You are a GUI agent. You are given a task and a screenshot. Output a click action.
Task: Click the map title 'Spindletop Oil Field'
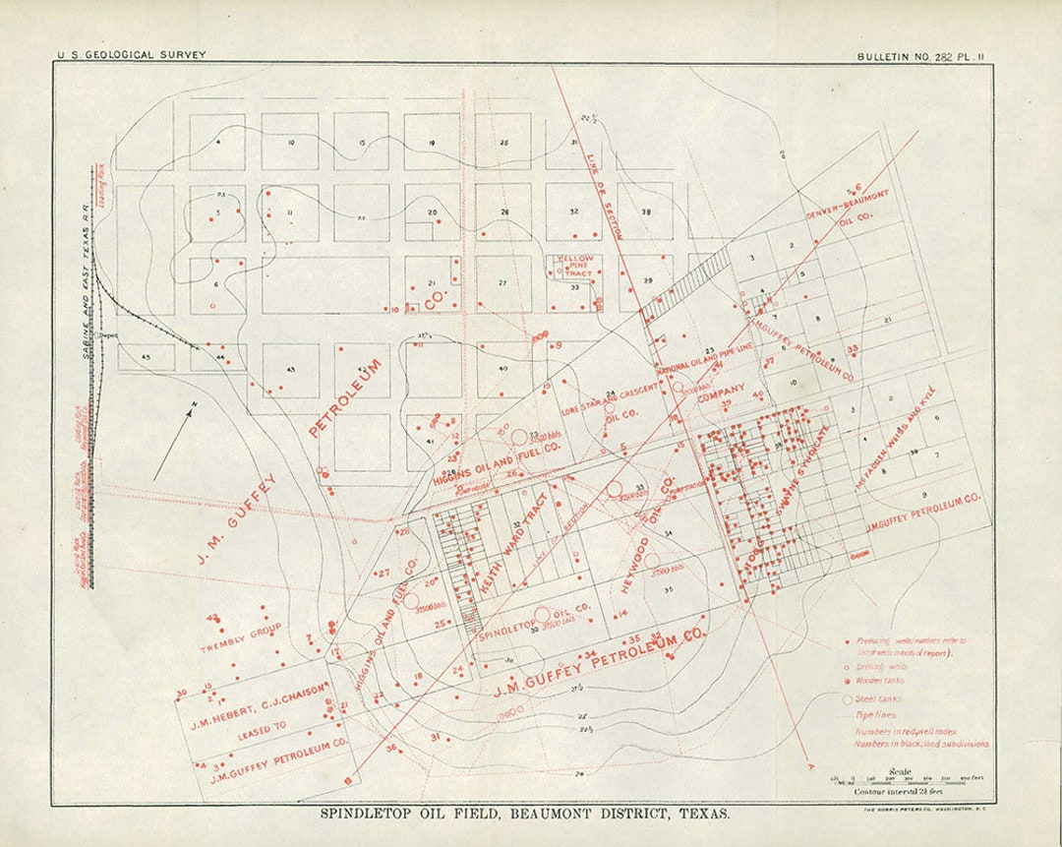click(x=524, y=815)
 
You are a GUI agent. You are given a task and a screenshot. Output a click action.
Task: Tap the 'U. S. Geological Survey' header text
click(x=132, y=55)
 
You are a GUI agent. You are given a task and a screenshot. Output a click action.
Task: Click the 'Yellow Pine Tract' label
click(x=574, y=266)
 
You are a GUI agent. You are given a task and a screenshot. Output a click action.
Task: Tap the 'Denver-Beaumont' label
click(x=847, y=206)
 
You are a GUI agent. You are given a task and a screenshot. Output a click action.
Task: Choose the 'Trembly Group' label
click(x=240, y=637)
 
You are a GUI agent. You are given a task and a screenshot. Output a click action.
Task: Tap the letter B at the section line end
click(x=346, y=781)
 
